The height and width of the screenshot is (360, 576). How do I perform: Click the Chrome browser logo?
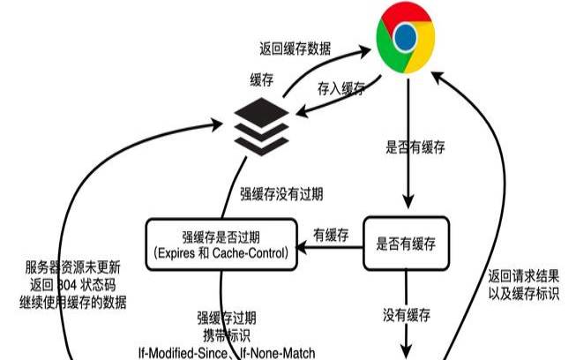pos(404,38)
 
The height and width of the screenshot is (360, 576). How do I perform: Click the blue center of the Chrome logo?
pos(404,38)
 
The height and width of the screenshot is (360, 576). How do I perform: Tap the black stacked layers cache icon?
pos(261,124)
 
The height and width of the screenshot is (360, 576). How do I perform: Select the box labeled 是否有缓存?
pos(407,242)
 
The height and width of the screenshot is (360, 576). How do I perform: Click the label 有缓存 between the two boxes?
pos(331,235)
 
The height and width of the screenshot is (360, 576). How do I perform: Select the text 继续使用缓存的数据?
pos(75,303)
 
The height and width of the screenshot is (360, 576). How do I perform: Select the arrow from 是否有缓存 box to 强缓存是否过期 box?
pos(330,248)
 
